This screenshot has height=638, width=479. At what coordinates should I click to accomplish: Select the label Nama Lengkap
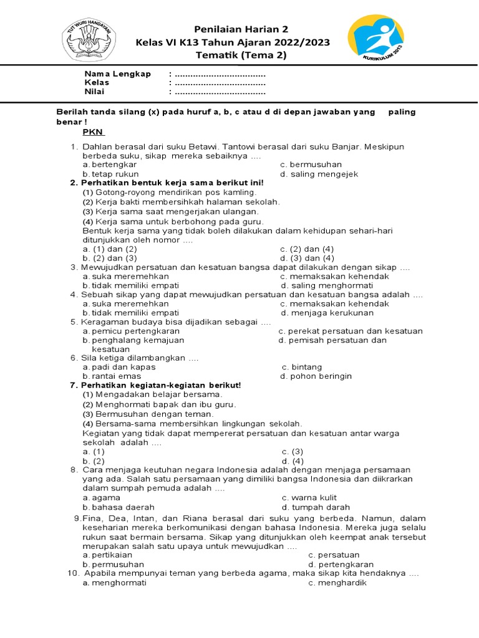[118, 74]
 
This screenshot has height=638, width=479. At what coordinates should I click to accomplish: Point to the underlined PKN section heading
[94, 132]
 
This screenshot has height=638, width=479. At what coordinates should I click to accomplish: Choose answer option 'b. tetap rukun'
[111, 174]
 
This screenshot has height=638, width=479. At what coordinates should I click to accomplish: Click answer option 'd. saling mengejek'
[319, 174]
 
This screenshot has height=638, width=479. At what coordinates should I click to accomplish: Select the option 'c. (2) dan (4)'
[307, 249]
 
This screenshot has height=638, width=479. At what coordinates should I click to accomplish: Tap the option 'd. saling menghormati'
[327, 285]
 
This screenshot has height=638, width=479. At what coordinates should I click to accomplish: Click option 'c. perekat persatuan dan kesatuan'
[351, 331]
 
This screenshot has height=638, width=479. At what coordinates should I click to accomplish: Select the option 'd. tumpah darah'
[316, 507]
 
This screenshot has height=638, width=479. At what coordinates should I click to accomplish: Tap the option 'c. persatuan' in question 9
[334, 555]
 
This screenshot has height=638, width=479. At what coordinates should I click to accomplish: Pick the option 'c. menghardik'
[337, 583]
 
